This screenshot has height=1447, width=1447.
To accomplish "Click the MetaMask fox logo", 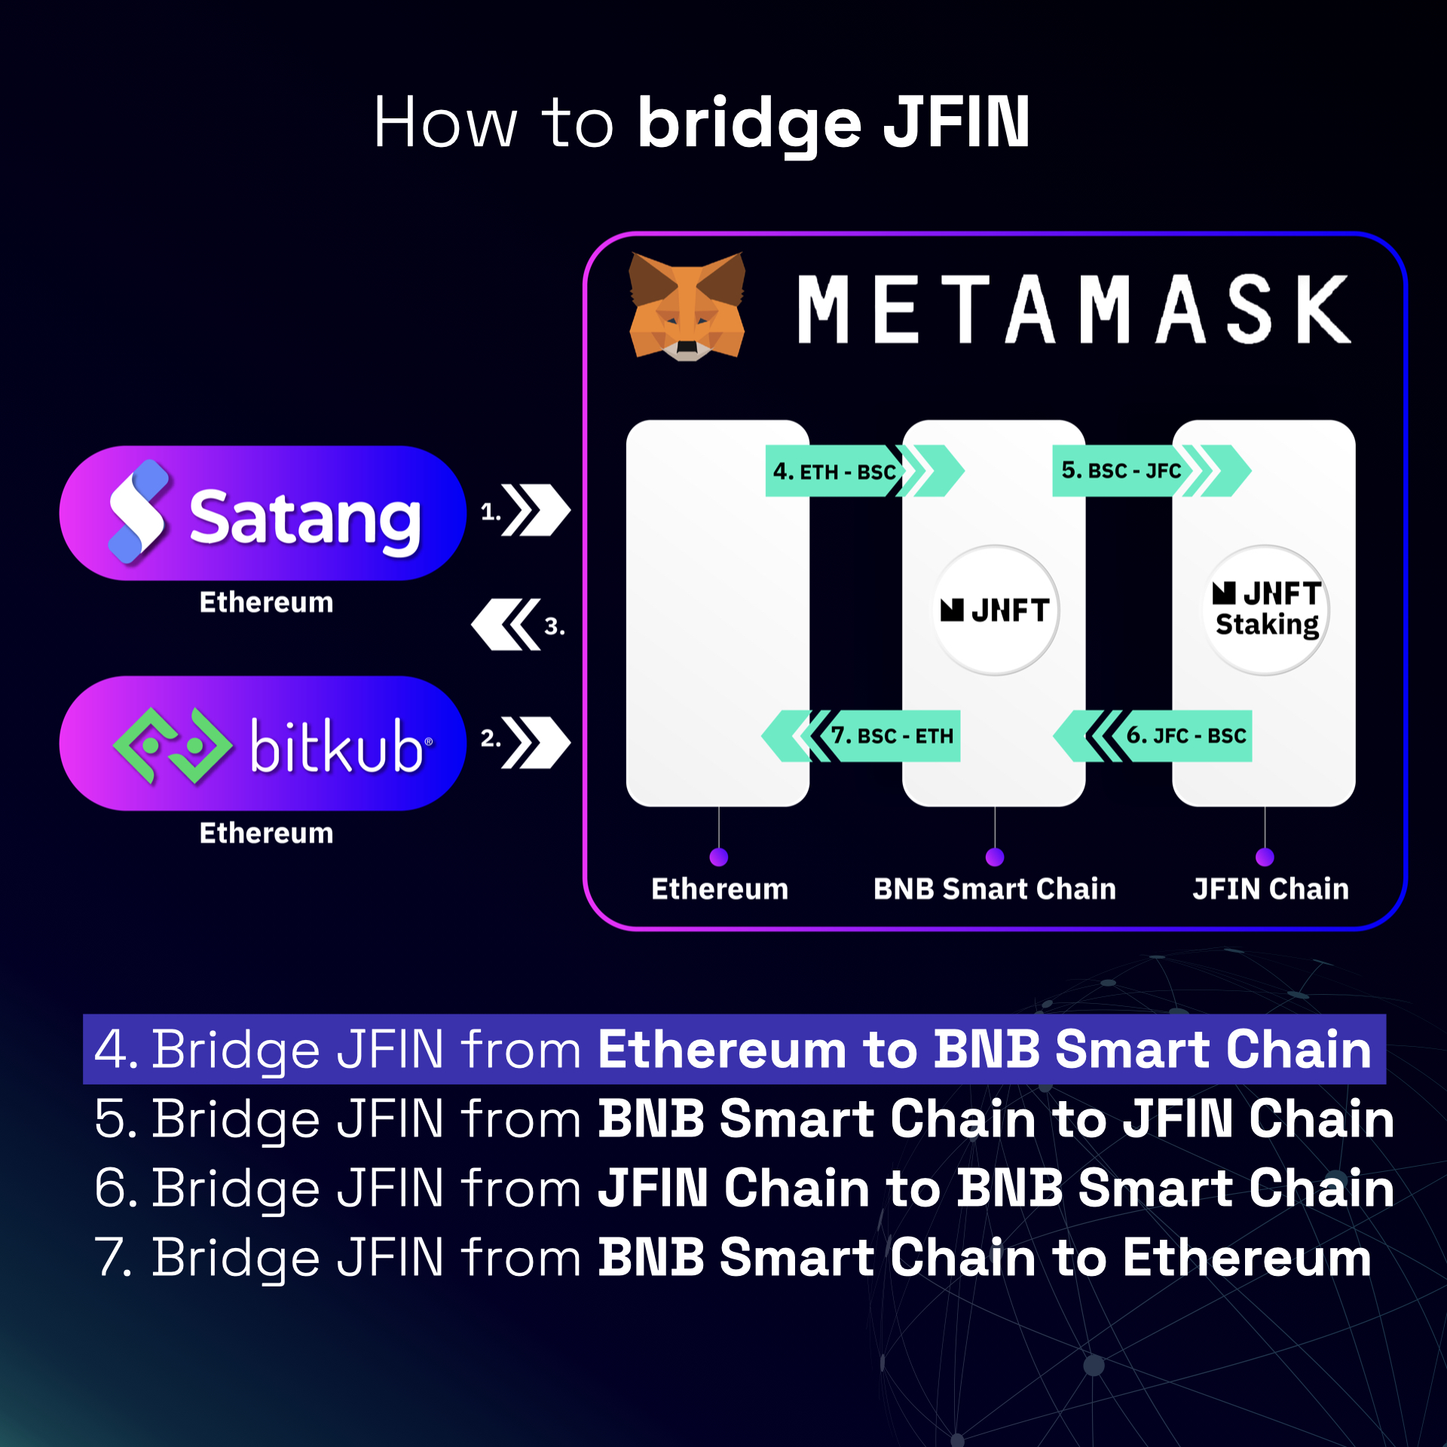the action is coord(687,307).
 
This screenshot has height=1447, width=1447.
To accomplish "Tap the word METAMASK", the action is coord(1073,309).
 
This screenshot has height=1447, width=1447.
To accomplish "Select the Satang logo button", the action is coord(263,513).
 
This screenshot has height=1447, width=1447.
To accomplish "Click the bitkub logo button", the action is coord(263,743).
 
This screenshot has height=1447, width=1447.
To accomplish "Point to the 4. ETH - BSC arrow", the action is coord(864,471).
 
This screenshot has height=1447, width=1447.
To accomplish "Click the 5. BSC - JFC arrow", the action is coord(1152,471).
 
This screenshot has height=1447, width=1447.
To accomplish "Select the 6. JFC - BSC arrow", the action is coord(1152,736).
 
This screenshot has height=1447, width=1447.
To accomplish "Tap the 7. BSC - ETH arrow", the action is coord(861,736).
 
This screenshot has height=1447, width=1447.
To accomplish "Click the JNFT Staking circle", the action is coord(1266,610).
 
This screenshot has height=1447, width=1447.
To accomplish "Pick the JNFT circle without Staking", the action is coord(996,610).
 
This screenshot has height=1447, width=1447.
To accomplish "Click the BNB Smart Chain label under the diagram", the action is coord(995,889).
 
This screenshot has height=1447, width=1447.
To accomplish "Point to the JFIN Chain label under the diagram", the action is coord(1271,889).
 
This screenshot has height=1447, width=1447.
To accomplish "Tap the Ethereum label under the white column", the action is coord(720,889).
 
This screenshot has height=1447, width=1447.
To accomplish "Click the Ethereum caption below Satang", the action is coord(266,603).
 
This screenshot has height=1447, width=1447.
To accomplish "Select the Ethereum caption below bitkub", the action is coord(266,834).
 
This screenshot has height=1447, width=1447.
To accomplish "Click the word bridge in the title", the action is coord(750,124).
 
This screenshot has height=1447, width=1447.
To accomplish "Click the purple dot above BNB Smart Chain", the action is coord(995,857).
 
